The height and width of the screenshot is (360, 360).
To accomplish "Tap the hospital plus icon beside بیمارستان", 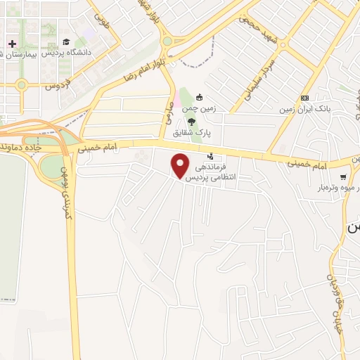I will click(x=12, y=44).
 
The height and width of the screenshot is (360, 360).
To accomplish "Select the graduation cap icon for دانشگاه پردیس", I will click(x=65, y=42).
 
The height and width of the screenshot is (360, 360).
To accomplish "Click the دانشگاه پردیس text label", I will click(x=65, y=53).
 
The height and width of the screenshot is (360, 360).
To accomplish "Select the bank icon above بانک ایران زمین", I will click(x=304, y=98).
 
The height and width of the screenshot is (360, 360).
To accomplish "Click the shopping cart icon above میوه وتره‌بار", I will click(x=343, y=177).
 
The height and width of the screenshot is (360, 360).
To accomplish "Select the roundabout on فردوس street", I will click(x=21, y=86).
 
